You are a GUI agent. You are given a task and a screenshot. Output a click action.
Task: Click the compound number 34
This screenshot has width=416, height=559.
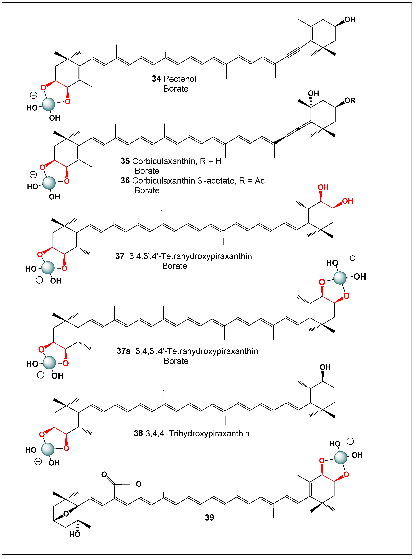(x=156, y=79)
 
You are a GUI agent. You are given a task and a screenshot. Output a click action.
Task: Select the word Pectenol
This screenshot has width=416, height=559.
(x=180, y=79)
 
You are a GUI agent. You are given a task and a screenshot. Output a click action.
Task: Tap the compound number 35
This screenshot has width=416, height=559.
(x=125, y=161)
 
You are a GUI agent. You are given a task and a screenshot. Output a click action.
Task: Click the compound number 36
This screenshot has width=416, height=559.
(x=125, y=181)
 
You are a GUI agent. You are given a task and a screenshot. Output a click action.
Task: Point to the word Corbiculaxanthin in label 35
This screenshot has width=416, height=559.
(x=164, y=161)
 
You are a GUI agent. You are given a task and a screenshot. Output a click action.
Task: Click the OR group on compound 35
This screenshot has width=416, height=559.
(x=350, y=101)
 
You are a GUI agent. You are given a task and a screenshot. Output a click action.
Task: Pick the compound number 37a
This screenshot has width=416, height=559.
(x=124, y=351)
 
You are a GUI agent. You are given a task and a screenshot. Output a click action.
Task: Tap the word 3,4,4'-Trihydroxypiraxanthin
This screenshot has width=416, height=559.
(x=198, y=433)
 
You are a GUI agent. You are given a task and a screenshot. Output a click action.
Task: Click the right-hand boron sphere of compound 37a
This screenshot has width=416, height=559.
(x=340, y=278)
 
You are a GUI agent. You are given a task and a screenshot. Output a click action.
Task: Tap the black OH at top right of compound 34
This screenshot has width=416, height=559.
(x=350, y=20)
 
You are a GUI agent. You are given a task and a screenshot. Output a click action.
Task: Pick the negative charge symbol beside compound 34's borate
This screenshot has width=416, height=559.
(x=34, y=95)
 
